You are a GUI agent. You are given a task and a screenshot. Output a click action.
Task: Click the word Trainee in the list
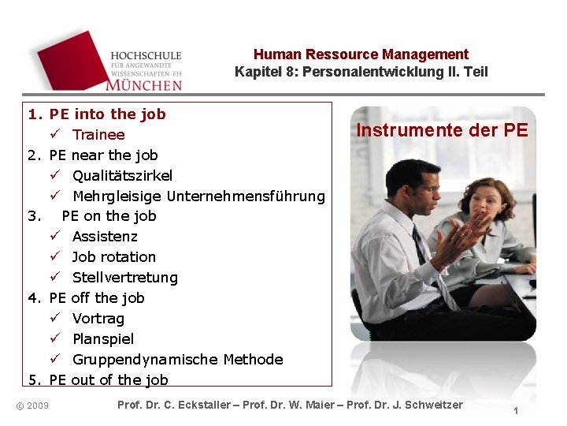pos(98,135)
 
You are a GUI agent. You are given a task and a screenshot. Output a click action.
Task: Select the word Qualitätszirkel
pos(122,175)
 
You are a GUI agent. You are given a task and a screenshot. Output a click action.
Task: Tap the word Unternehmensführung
pos(246,196)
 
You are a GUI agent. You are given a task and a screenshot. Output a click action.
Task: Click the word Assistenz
pos(105,237)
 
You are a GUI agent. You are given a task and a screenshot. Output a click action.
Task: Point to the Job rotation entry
pos(113,257)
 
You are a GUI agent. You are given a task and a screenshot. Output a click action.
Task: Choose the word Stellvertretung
pos(124,278)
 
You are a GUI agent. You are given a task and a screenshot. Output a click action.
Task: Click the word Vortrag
pos(98,319)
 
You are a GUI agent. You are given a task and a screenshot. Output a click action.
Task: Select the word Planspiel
pos(103,339)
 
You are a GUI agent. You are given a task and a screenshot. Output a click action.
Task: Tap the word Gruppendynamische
pos(145,360)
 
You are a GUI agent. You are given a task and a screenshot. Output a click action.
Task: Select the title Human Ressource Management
pos(361,54)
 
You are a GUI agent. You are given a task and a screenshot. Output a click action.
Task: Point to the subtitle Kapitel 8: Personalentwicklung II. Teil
pos(361,72)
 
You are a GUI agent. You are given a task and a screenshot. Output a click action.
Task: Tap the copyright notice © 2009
pos(32,405)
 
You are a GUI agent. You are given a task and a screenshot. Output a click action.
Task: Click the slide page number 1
pos(515,411)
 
